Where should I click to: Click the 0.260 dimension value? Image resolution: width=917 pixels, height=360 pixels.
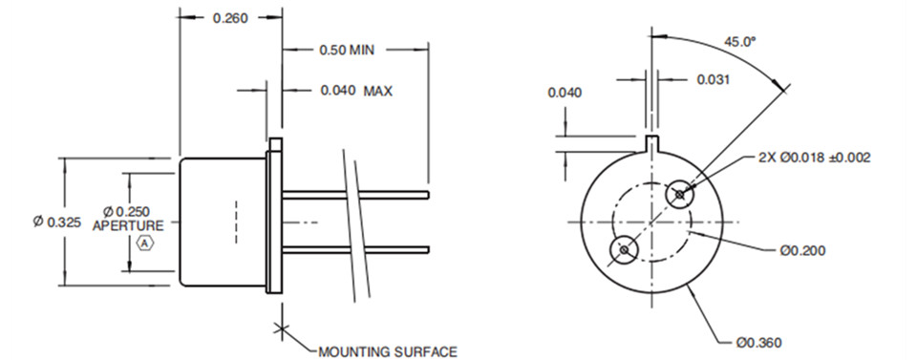pos(230,18)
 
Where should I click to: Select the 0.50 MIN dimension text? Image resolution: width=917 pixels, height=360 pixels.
pos(346,50)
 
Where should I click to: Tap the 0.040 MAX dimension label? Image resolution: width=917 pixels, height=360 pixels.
pos(356,91)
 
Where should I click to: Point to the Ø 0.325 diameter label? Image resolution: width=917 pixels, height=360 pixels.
pos(56,222)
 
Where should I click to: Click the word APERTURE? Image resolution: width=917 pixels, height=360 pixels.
pos(128,225)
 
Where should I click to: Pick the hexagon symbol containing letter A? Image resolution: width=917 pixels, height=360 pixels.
pos(144,243)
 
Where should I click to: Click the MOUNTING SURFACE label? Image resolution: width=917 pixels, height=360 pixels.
pos(388,351)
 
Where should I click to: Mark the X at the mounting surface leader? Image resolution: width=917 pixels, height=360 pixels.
pos(282,329)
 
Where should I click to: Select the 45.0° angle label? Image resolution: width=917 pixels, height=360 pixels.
pos(740,41)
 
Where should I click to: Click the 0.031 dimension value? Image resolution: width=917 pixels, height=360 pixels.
pos(713,79)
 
